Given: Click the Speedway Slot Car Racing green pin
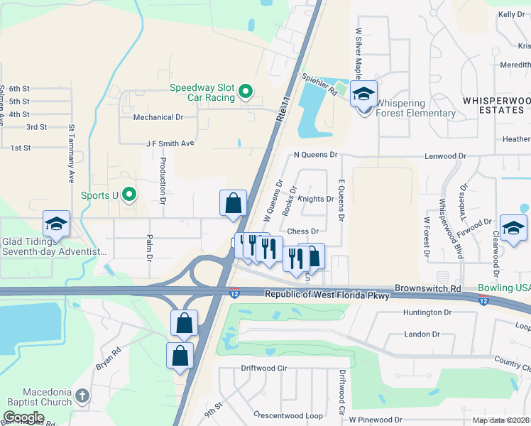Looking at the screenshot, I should point(246,92).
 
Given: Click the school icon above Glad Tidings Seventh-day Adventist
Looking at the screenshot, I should point(56,224).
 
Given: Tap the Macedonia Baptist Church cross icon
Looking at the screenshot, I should point(82,396).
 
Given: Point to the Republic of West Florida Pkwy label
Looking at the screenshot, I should point(327,295).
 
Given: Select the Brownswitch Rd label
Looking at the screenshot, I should point(426,289).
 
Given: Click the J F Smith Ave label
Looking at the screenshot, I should point(170,143).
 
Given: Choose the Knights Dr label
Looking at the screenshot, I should point(316,199).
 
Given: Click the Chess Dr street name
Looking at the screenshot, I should point(303,231).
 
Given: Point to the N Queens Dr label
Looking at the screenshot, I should point(314,154).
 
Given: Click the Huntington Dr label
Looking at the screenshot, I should point(427,312).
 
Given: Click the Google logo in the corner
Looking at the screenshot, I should point(23,417).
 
